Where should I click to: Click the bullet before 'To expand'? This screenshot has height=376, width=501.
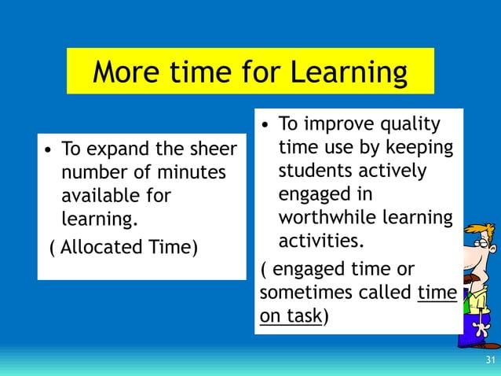tap(49, 149)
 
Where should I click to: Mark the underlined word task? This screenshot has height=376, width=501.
tap(306, 315)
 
